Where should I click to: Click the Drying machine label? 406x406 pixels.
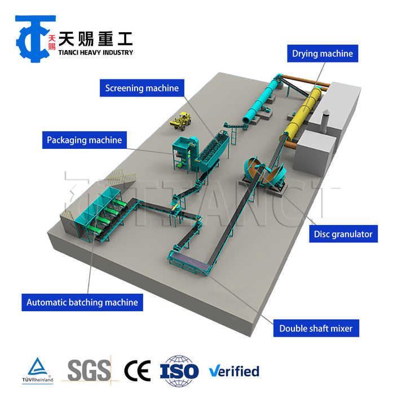[x=322, y=54]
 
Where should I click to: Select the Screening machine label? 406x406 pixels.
[x=142, y=88]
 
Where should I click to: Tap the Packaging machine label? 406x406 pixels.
[x=84, y=140]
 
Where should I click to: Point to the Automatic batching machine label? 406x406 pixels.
[x=82, y=302]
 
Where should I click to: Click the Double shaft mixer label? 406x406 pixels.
[x=319, y=328]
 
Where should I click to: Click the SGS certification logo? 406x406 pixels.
[x=89, y=370]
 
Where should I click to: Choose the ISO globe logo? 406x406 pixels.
[x=179, y=370]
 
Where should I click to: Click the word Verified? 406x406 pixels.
[x=234, y=371]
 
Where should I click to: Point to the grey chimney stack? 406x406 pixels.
[x=325, y=121]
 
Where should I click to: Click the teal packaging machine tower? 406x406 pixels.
[x=184, y=152]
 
